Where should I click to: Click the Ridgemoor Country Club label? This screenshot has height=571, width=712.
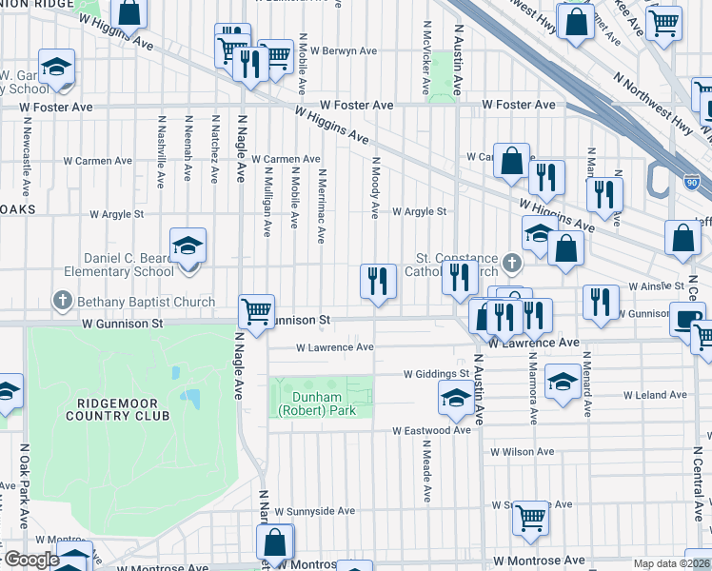click(118, 408)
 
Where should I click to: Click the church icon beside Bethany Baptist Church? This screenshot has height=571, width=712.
click(62, 303)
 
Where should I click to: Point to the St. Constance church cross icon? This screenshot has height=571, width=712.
click(512, 261)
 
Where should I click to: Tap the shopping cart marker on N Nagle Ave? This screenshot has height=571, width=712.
click(256, 310)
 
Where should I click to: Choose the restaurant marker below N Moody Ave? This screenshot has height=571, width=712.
click(378, 281)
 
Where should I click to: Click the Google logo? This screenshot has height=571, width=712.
click(30, 560)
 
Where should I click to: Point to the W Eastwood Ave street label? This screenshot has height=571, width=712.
click(432, 430)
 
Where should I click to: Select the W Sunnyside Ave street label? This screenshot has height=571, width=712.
click(314, 511)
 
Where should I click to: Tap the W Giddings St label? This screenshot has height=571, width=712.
click(436, 374)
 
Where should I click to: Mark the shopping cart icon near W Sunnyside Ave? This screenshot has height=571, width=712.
click(530, 518)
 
